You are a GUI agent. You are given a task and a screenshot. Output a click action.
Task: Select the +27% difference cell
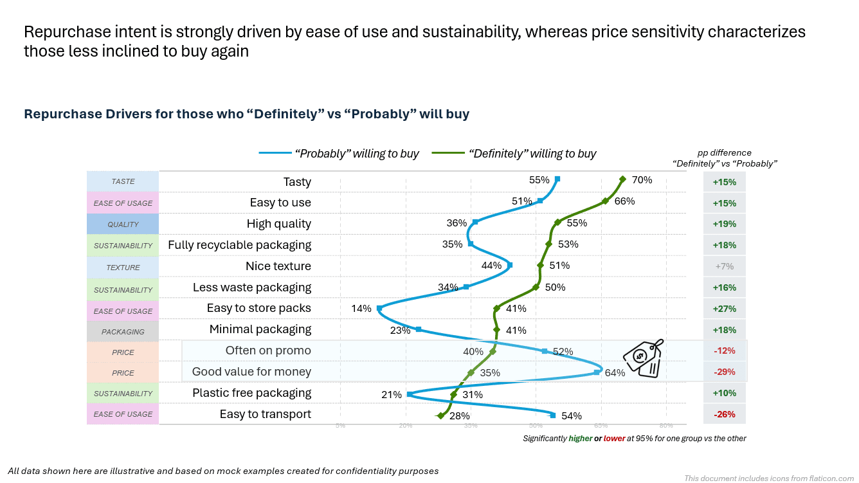[x=724, y=309]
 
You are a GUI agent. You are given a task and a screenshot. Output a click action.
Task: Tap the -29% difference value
[x=724, y=372]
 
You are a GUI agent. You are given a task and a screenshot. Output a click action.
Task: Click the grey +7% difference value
[x=724, y=266]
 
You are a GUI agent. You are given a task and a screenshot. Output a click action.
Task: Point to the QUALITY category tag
[x=123, y=224]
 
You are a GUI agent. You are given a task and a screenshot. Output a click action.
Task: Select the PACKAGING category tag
[x=123, y=332]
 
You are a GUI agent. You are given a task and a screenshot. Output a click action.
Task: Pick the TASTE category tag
[x=123, y=182]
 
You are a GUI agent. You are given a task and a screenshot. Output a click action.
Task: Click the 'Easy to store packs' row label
[x=258, y=308]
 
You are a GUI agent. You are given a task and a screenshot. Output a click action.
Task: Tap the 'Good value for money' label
[x=251, y=371]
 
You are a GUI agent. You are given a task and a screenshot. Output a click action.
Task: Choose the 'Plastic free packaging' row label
[x=251, y=392]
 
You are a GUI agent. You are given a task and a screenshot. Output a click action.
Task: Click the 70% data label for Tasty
[x=642, y=180]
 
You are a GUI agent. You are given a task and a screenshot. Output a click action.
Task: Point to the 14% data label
[x=361, y=309]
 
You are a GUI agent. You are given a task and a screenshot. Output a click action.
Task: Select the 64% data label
[x=615, y=372]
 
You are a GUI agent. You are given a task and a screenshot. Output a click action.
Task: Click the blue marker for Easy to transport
[x=553, y=415]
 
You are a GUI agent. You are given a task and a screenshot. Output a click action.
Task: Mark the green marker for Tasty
[x=622, y=180]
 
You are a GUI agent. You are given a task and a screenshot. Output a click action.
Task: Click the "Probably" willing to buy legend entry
[x=339, y=154]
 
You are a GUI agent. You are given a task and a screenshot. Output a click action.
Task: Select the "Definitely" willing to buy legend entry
[x=514, y=154]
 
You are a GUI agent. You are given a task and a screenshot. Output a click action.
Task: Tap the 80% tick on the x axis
[x=666, y=425]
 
